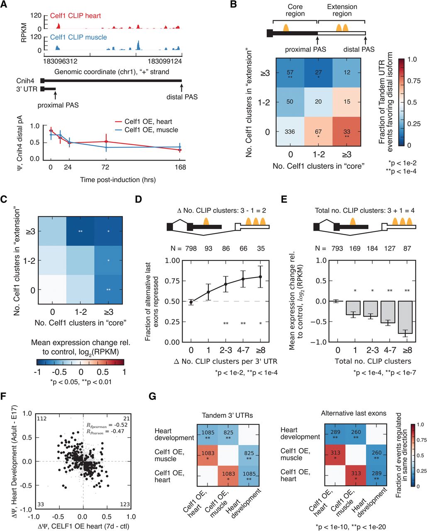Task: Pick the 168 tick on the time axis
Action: click(180, 167)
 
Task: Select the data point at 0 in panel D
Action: click(190, 302)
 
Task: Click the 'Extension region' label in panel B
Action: click(342, 10)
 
